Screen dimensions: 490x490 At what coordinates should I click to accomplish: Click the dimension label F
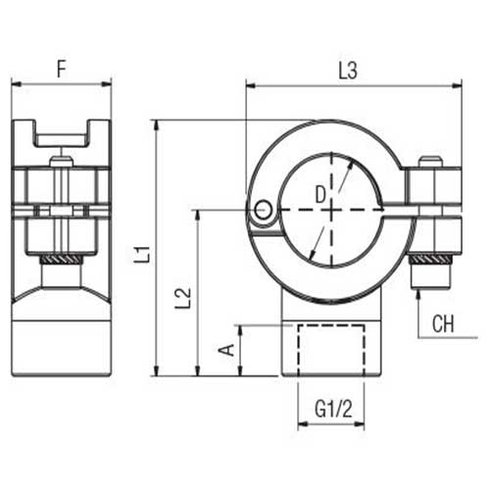pyautogui.click(x=61, y=70)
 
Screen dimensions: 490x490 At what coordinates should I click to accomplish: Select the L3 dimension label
pyautogui.click(x=348, y=70)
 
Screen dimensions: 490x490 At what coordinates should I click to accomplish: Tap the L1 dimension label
pyautogui.click(x=143, y=254)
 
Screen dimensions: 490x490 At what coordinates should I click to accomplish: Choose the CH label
pyautogui.click(x=443, y=321)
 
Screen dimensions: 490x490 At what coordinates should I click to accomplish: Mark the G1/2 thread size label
pyautogui.click(x=333, y=411)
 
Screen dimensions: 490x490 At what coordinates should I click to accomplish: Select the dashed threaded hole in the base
pyautogui.click(x=333, y=347)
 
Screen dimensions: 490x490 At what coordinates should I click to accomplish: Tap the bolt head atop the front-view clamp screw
pyautogui.click(x=430, y=162)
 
